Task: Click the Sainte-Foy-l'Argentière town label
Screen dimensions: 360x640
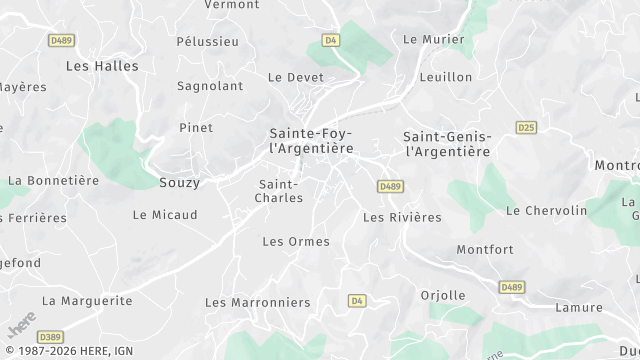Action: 311,140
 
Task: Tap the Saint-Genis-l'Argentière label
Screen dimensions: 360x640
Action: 446,144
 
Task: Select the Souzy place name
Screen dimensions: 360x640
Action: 179,183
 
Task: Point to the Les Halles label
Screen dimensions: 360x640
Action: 102,66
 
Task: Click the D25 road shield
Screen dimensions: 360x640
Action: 527,127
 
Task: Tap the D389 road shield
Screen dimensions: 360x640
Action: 51,337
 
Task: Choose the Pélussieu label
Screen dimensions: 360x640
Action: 207,42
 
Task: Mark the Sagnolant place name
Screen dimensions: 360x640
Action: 210,86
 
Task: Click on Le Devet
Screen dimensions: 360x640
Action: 296,77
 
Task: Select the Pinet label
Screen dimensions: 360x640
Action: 196,128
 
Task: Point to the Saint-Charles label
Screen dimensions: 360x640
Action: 280,191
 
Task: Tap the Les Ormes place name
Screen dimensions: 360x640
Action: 295,241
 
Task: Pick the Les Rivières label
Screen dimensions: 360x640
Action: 402,217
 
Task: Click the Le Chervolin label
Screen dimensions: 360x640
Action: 546,211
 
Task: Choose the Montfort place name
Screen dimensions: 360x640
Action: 484,250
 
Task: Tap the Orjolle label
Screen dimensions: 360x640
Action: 443,295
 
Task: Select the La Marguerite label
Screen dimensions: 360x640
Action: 87,300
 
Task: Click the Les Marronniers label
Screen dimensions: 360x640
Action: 257,302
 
